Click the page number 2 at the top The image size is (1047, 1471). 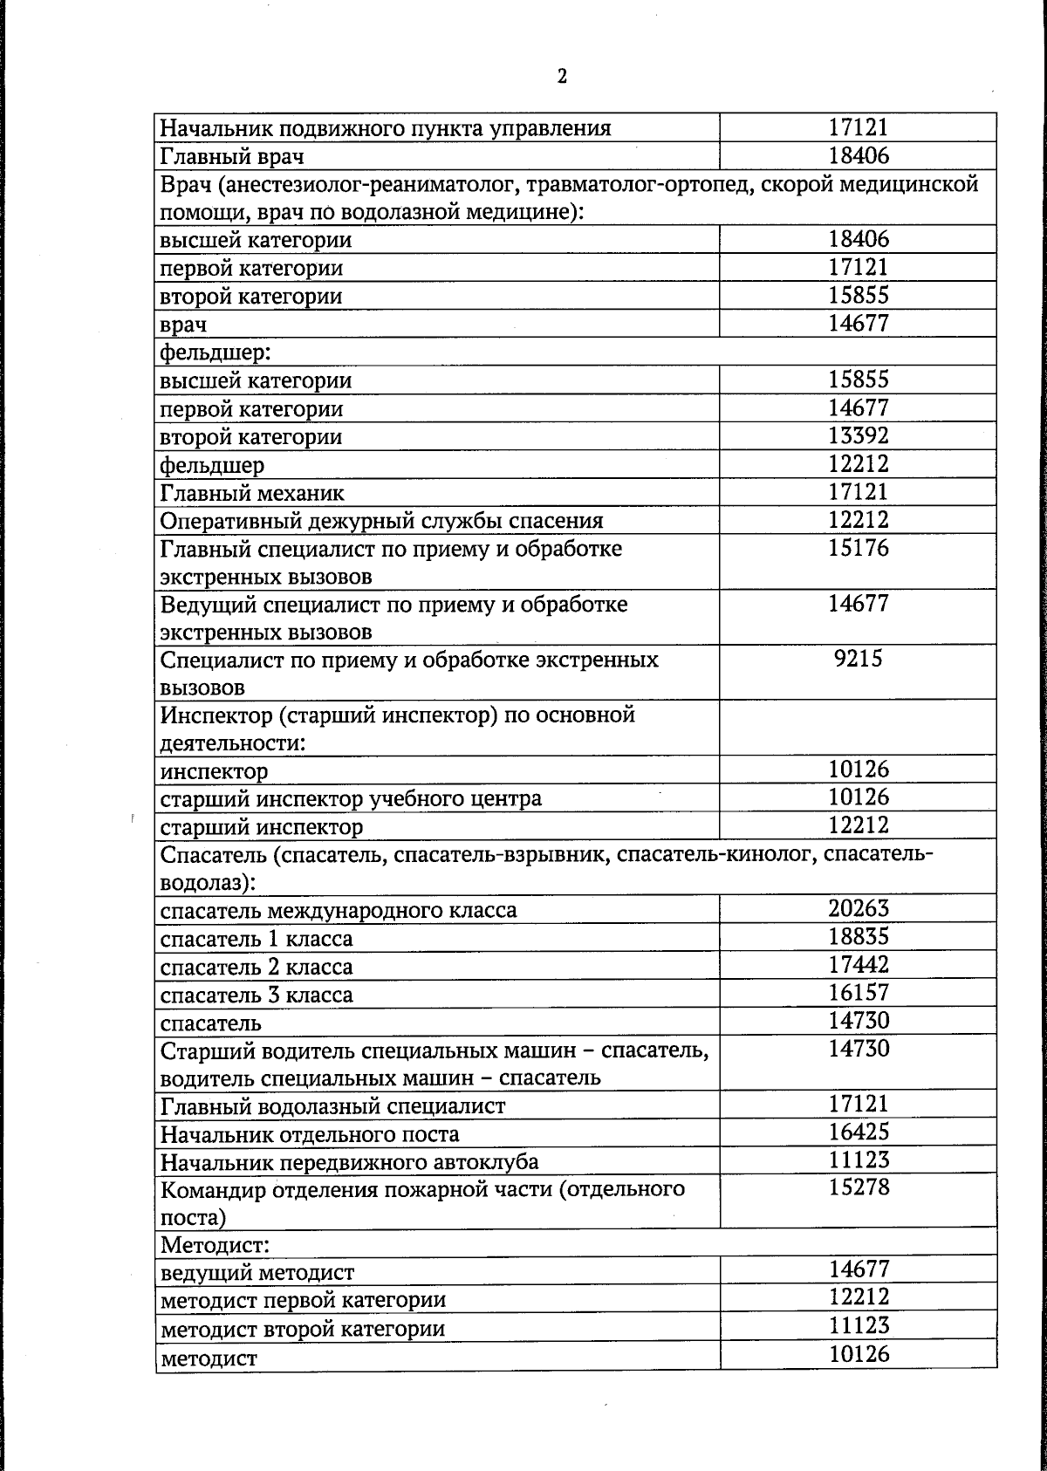click(x=562, y=77)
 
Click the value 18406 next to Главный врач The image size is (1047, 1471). click(x=858, y=156)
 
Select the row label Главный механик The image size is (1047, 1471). click(x=252, y=494)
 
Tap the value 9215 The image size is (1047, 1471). click(x=858, y=659)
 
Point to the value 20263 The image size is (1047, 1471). click(x=858, y=908)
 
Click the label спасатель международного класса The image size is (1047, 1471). click(x=339, y=911)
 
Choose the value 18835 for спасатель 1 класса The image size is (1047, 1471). click(x=858, y=936)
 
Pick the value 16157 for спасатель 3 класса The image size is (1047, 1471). click(x=858, y=992)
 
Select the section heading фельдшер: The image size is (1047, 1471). click(x=206, y=352)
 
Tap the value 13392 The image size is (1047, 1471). click(x=858, y=435)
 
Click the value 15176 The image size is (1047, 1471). click(x=858, y=548)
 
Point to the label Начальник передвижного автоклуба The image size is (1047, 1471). click(x=350, y=1162)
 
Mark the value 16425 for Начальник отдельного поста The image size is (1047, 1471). click(x=858, y=1132)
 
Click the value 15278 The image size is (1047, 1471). click(x=858, y=1187)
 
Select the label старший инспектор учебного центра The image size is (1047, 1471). click(x=351, y=798)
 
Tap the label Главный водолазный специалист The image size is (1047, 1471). click(x=333, y=1106)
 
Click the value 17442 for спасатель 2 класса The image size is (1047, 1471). click(x=858, y=964)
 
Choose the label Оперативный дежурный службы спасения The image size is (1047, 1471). click(x=382, y=522)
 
